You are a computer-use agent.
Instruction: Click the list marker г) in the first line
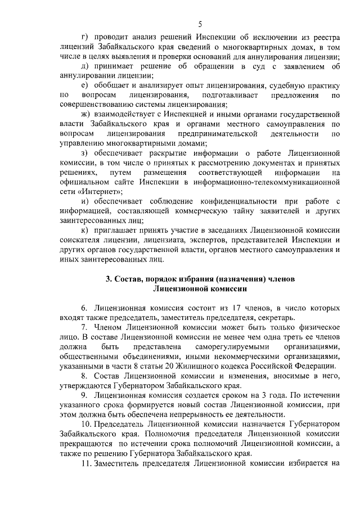tap(85, 38)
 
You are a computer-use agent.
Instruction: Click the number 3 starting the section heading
tap(108, 280)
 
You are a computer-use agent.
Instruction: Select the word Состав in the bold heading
tap(128, 280)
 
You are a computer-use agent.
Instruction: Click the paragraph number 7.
tap(84, 328)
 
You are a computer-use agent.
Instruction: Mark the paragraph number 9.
tap(84, 396)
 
